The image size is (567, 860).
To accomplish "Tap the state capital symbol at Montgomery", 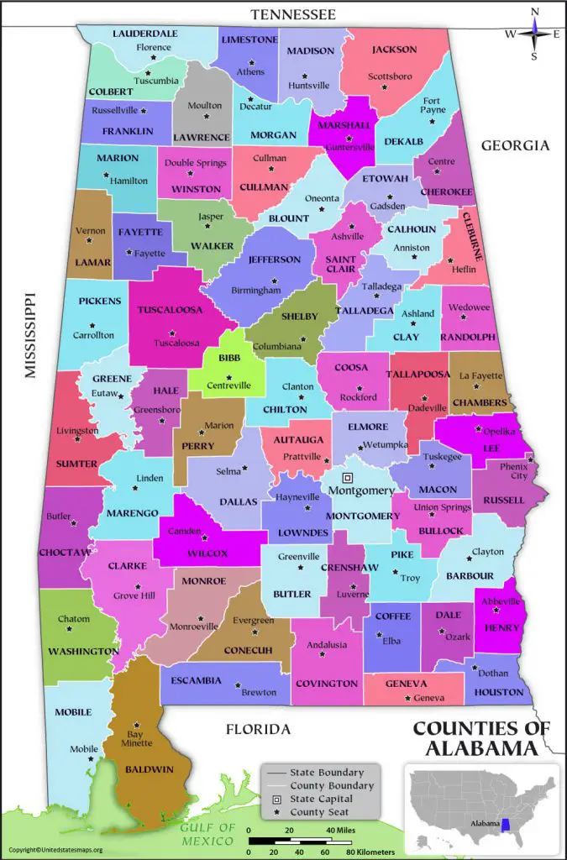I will pos(347,476).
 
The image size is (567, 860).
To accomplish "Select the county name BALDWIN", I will pos(150,768).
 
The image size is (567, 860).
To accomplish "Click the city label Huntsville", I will pos(309,86).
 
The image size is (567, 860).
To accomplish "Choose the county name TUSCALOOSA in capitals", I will pos(171,309).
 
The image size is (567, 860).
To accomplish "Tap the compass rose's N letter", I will pos(534,11).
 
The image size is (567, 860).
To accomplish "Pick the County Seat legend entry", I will pos(318,812).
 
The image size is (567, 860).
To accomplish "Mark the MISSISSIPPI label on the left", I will pos(31,336).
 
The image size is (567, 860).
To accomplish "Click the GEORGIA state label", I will pos(514,145).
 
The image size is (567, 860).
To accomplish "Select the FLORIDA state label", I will pos(258,728).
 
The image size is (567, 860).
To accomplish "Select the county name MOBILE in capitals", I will pos(73,712).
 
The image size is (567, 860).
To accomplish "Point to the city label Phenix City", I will pos(514,471).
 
